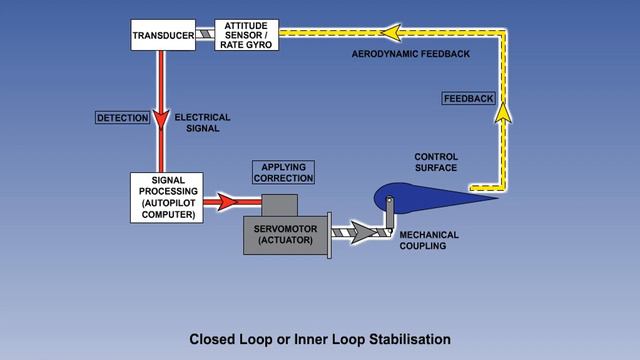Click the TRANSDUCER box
163,37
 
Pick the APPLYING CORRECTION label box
283,171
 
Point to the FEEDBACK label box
468,98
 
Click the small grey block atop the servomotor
280,204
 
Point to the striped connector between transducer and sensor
205,36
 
